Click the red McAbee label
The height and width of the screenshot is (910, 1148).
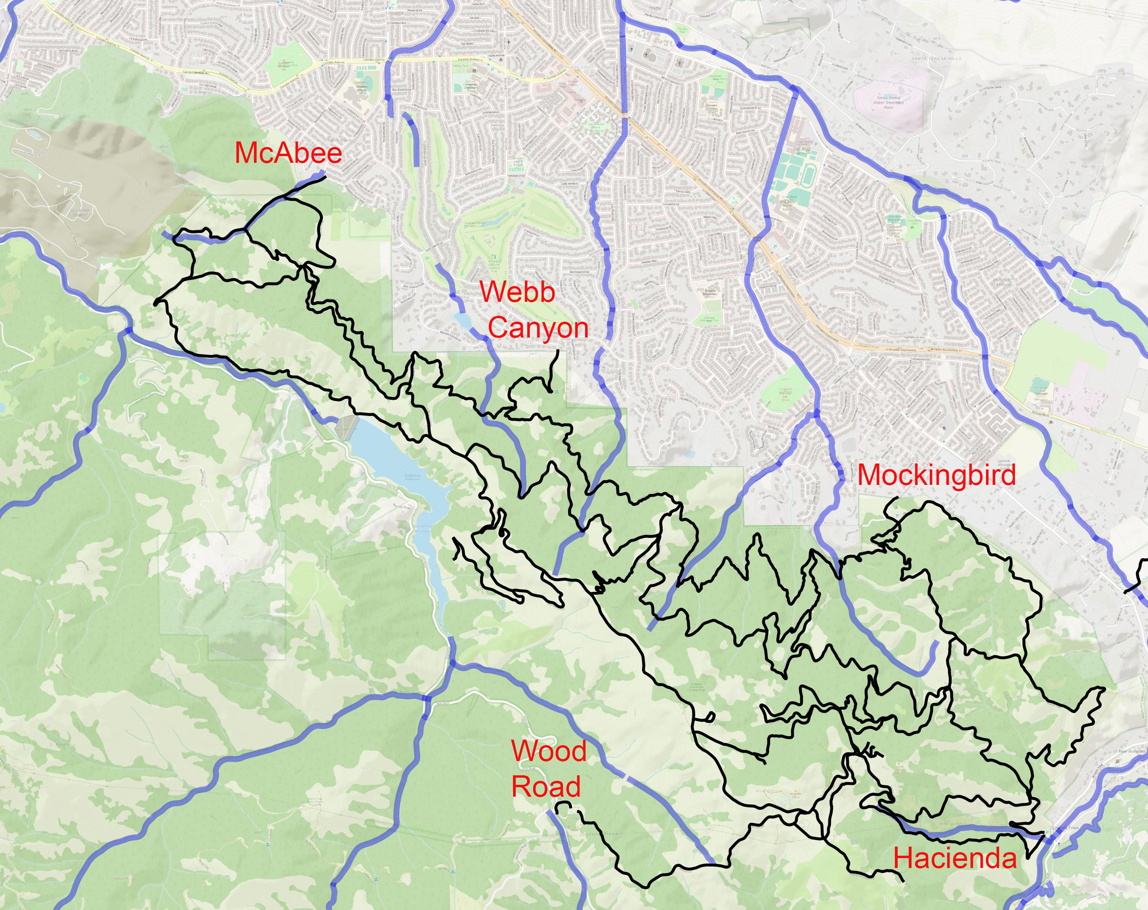[288, 153]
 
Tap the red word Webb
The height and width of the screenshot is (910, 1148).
[517, 292]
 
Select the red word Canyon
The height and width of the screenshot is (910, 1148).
[538, 328]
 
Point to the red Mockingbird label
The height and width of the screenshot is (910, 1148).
[936, 475]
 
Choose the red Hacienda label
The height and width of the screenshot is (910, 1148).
[955, 858]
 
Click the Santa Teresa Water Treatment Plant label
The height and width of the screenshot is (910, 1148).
[888, 102]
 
